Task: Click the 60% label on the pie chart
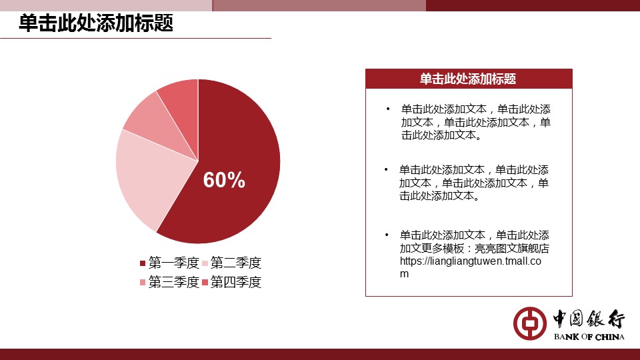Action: click(x=224, y=179)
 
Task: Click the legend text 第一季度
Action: click(x=173, y=263)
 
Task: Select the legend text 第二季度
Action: click(x=236, y=263)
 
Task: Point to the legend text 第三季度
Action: click(x=173, y=282)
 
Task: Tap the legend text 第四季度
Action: click(x=236, y=282)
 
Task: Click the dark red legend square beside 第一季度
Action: click(x=143, y=263)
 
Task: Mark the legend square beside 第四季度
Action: click(x=205, y=283)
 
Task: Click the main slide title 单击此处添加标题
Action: click(x=96, y=23)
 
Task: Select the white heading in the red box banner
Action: click(x=468, y=79)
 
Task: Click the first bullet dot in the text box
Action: click(x=388, y=109)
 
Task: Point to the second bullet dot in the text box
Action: click(x=386, y=169)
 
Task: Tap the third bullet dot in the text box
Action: click(x=387, y=235)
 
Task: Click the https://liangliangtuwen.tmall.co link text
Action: click(x=471, y=261)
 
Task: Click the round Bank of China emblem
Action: click(x=530, y=323)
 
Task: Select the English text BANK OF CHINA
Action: click(x=589, y=337)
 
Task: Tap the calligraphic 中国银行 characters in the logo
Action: click(x=589, y=319)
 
